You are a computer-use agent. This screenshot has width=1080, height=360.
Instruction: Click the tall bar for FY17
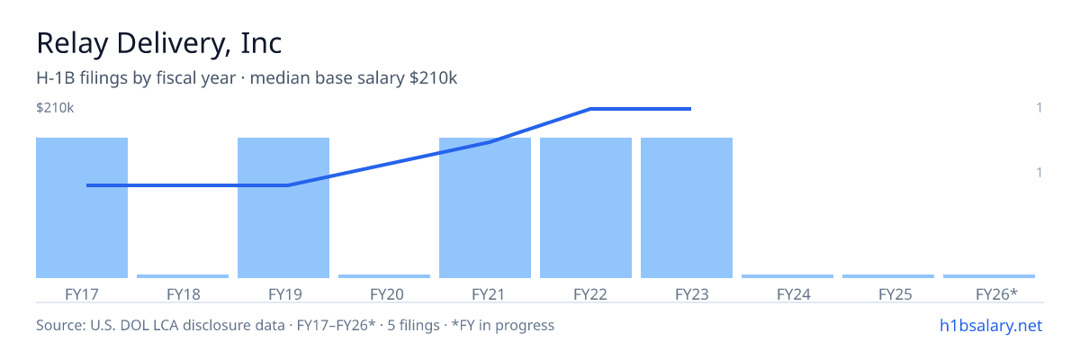(82, 208)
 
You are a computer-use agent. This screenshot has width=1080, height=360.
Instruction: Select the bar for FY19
(283, 208)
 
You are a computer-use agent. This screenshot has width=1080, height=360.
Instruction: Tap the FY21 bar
(485, 208)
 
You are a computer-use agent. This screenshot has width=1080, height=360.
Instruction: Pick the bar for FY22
(586, 208)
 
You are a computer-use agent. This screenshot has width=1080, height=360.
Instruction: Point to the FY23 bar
(687, 208)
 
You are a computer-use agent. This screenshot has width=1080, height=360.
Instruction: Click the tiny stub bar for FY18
(183, 276)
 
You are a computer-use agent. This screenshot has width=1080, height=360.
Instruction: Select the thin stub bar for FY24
(787, 276)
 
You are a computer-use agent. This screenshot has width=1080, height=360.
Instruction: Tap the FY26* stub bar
(989, 276)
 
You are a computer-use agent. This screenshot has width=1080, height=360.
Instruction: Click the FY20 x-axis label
(387, 294)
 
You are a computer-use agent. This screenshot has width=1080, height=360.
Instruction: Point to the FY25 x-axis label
(895, 294)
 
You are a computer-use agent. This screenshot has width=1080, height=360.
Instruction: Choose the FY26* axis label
(996, 294)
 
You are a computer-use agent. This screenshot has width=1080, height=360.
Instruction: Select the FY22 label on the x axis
(590, 294)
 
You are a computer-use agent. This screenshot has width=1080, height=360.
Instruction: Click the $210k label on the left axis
(55, 107)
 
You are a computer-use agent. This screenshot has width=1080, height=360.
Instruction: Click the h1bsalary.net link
(991, 326)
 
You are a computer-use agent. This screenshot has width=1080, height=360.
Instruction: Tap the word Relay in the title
(72, 44)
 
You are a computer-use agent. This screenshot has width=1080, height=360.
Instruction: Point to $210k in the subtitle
(433, 78)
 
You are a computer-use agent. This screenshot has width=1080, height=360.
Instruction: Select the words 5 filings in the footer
(414, 326)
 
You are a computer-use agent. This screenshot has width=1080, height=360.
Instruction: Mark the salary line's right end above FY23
(690, 109)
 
